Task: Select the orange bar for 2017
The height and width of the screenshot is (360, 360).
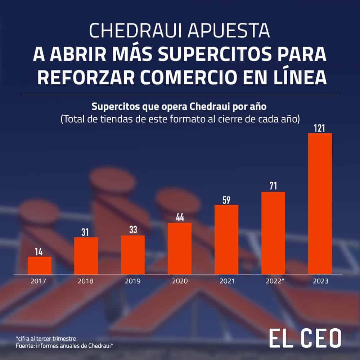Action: pyautogui.click(x=40, y=265)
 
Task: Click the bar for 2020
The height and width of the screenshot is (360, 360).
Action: pyautogui.click(x=180, y=248)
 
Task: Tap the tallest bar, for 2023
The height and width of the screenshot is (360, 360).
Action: pyautogui.click(x=320, y=203)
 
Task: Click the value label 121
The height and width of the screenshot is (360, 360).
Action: pyautogui.click(x=320, y=128)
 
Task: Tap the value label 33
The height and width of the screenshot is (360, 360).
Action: pyautogui.click(x=133, y=230)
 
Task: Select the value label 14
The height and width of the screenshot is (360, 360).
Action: pyautogui.click(x=39, y=251)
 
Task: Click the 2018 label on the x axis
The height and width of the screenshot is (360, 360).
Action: pyautogui.click(x=86, y=281)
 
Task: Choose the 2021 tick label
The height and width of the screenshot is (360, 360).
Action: pyautogui.click(x=226, y=281)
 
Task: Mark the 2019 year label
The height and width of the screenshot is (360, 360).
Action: pyautogui.click(x=132, y=281)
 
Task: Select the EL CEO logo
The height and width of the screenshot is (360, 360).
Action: pyautogui.click(x=305, y=339)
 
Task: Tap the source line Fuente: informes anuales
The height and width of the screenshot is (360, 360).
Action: pyautogui.click(x=65, y=346)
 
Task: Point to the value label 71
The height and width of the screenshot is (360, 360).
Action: pyautogui.click(x=273, y=186)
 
